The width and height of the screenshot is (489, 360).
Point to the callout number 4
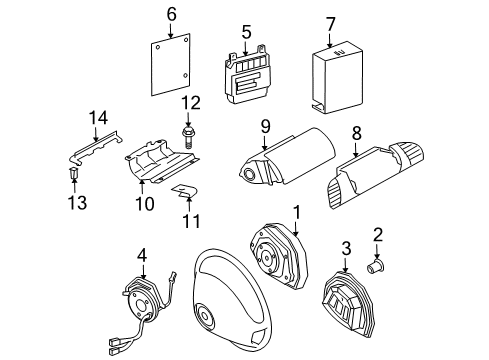pyautogui.click(x=143, y=255)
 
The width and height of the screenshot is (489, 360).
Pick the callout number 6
pyautogui.click(x=171, y=14)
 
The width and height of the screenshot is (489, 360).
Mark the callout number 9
pyautogui.click(x=266, y=126)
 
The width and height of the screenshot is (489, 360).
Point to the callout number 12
pyautogui.click(x=191, y=101)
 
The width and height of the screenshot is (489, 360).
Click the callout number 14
pyautogui.click(x=96, y=118)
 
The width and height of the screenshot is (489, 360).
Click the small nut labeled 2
pyautogui.click(x=377, y=267)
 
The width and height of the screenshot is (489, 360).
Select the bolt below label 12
pyautogui.click(x=189, y=131)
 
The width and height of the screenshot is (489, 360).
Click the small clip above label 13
pyautogui.click(x=73, y=176)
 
